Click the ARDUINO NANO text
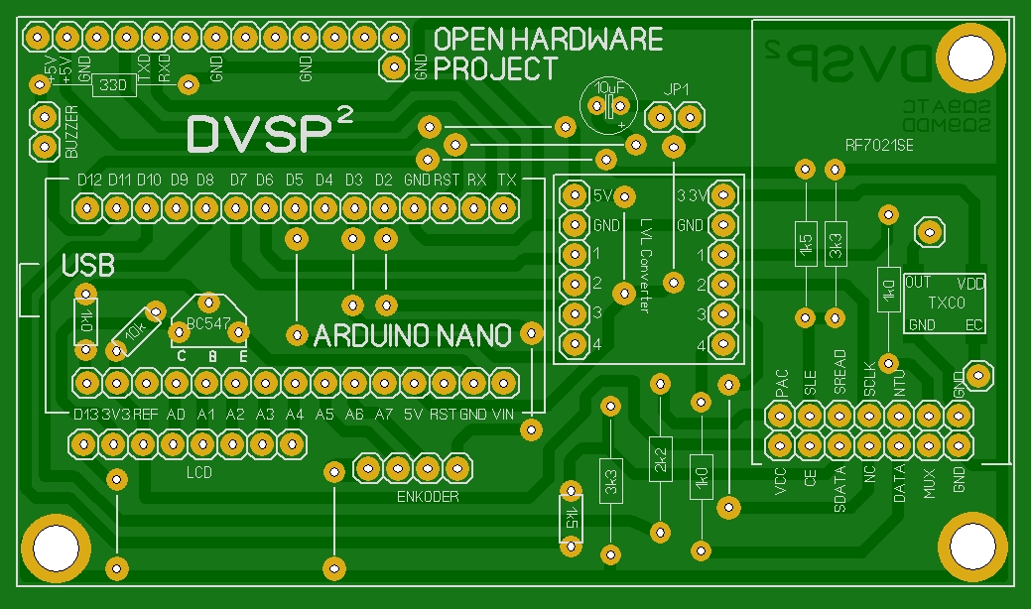pyautogui.click(x=413, y=335)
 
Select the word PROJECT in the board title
pyautogui.click(x=495, y=69)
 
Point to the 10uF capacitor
pyautogui.click(x=607, y=105)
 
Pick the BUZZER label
pyautogui.click(x=70, y=132)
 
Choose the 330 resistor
pyautogui.click(x=115, y=86)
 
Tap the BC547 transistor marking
pyautogui.click(x=208, y=324)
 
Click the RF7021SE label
pyautogui.click(x=878, y=146)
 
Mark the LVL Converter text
pyautogui.click(x=645, y=265)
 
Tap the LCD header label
pyautogui.click(x=199, y=473)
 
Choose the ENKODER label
pyautogui.click(x=428, y=496)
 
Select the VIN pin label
pyautogui.click(x=503, y=414)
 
